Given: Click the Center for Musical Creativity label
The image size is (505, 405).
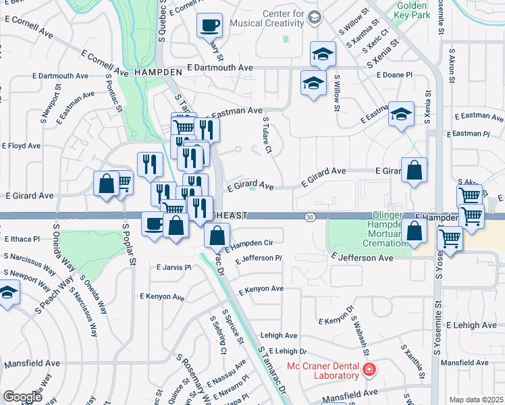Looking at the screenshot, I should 282,19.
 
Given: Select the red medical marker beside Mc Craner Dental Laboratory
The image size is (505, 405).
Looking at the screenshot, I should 369,369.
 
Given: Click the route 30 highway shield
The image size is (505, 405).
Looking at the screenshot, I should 309,217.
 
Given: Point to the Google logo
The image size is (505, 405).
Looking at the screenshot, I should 22,397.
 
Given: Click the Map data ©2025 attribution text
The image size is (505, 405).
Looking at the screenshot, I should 476,400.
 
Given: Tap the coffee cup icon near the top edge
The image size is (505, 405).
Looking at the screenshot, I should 209,26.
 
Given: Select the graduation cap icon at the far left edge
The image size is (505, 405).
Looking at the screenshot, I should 7,293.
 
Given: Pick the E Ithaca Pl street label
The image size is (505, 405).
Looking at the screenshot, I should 22,239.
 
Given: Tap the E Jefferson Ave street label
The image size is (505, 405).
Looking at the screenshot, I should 362,257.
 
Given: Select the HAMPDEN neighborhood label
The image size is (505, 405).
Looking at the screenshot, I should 159,71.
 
